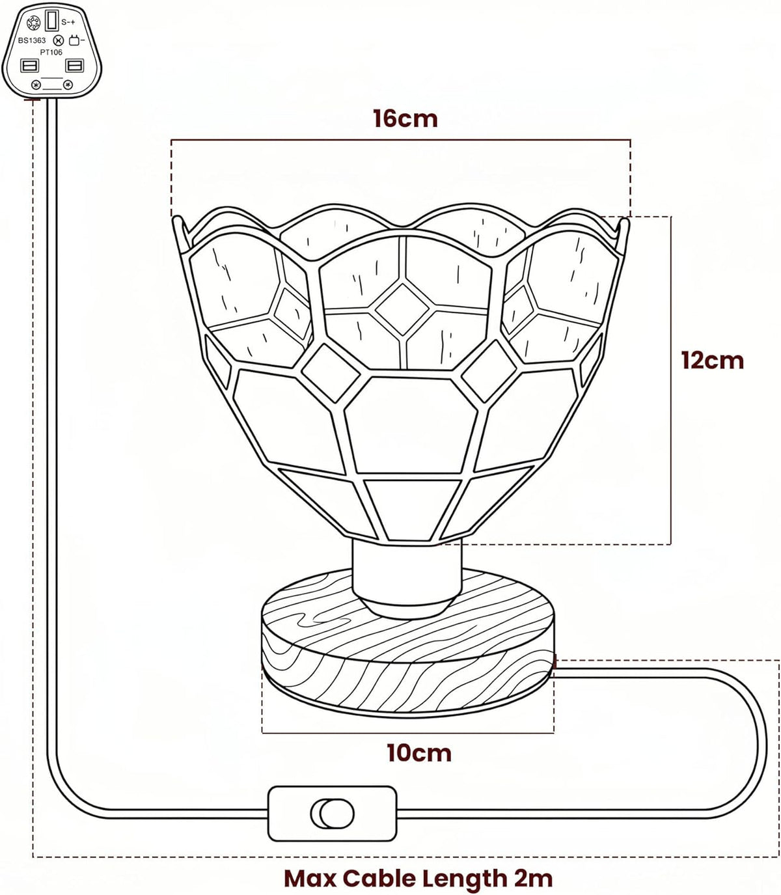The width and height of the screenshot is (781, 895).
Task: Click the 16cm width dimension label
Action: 405,118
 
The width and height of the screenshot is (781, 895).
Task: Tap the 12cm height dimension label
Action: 713,361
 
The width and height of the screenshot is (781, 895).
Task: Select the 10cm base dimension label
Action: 419,753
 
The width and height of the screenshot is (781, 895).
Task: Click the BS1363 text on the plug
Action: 32,40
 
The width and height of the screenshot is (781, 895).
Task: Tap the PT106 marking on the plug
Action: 52,52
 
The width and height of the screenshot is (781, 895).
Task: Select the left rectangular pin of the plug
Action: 30,66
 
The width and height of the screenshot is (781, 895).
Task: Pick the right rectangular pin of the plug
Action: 74,66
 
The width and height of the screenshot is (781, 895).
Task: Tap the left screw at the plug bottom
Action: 36,85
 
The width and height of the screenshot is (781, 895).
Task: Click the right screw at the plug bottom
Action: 67,85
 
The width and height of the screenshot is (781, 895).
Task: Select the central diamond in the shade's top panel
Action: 402,309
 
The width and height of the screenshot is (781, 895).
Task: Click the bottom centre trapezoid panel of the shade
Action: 413,509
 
